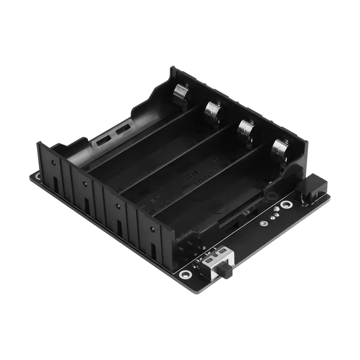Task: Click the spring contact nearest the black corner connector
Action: point(280,150)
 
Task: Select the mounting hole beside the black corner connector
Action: point(286,205)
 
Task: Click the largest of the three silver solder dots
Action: point(272,215)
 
